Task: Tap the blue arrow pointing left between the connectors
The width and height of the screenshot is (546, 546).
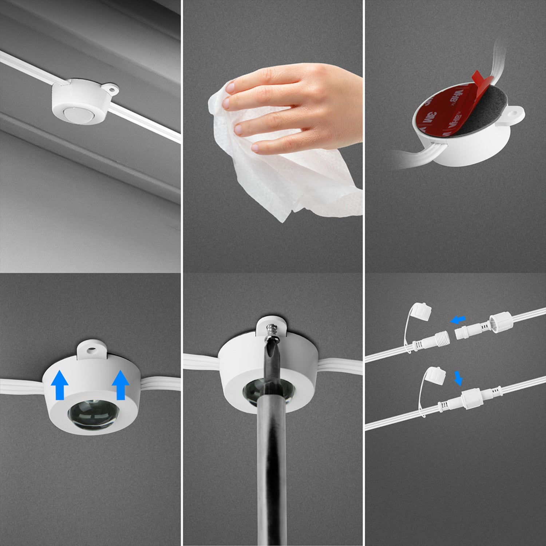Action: (x=458, y=320)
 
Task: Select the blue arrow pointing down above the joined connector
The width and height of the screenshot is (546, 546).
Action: (x=459, y=378)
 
